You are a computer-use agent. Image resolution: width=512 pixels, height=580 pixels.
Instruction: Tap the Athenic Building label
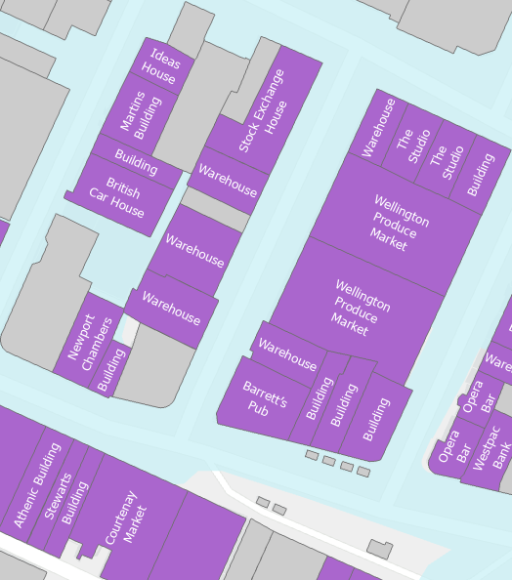pyautogui.click(x=36, y=485)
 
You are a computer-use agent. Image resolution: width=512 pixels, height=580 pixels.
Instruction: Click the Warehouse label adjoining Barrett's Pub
pyautogui.click(x=287, y=353)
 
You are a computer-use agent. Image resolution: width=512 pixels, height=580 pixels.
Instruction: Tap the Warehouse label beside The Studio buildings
pyautogui.click(x=376, y=127)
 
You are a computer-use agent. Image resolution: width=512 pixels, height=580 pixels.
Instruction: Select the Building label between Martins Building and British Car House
pyautogui.click(x=136, y=156)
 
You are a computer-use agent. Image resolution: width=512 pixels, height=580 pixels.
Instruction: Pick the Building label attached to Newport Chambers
pyautogui.click(x=110, y=370)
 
